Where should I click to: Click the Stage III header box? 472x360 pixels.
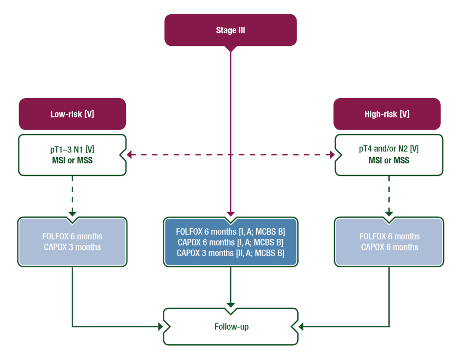point(230,30)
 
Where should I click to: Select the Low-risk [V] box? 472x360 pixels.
point(72,114)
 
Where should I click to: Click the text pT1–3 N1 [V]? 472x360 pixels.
point(72,149)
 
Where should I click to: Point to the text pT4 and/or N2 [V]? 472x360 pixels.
point(389,149)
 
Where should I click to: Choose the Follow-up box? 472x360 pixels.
point(231,327)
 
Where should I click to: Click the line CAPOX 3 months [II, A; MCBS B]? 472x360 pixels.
point(230,254)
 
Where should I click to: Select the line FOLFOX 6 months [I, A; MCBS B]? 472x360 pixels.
point(230,232)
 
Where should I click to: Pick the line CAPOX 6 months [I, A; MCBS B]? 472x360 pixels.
point(230,242)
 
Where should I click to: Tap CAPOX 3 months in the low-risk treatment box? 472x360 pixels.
point(72,247)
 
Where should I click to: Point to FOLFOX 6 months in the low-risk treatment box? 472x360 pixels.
point(72,236)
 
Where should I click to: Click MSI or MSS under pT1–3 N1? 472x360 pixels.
point(72,160)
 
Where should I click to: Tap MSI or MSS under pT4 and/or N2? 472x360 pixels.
point(389,160)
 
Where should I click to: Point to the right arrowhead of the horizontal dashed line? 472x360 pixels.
point(331,154)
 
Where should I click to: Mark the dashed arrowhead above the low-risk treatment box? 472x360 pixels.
point(72,212)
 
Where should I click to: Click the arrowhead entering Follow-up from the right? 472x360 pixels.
point(302,327)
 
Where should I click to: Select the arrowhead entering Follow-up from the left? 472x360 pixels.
point(160,327)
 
